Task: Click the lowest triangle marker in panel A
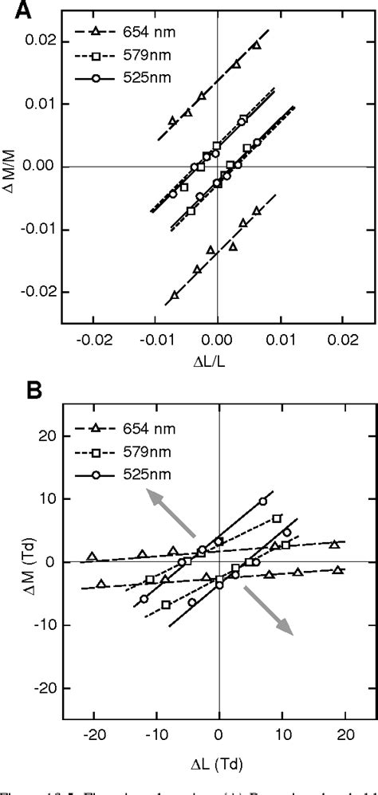coord(174,295)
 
